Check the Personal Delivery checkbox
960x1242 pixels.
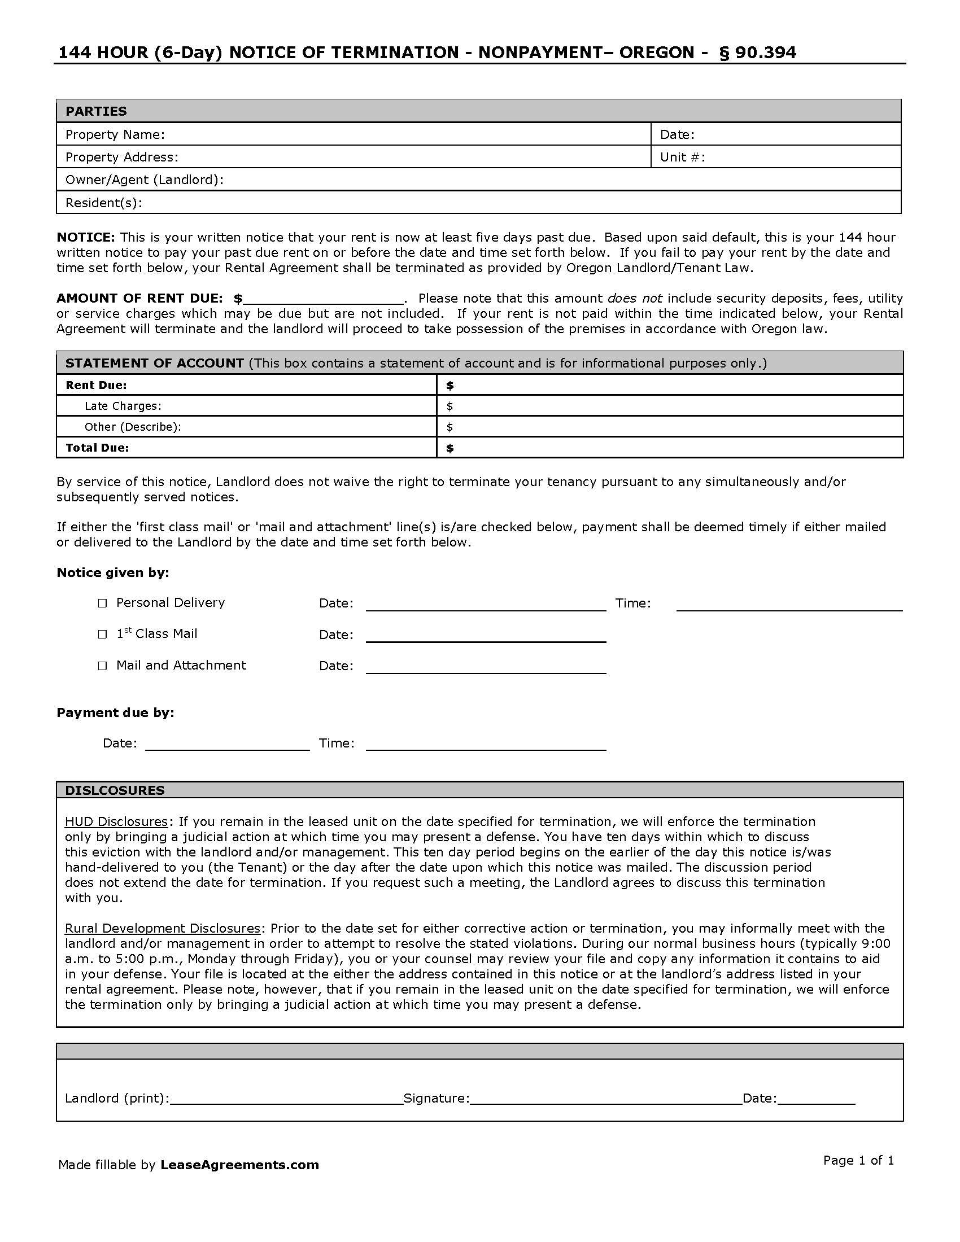[x=102, y=603]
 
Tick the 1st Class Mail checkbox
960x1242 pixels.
[x=102, y=635]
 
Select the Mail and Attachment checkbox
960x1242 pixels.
[x=102, y=666]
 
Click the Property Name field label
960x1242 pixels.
[x=115, y=135]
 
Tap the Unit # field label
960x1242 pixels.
[x=683, y=158]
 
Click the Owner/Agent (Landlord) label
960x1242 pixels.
[x=145, y=180]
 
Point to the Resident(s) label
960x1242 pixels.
[x=104, y=203]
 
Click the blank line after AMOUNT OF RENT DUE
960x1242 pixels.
[x=323, y=300]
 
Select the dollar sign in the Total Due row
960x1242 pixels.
[x=450, y=448]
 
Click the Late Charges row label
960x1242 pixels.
[x=123, y=406]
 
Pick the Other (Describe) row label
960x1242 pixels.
[x=133, y=427]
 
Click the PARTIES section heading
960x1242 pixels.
[x=96, y=111]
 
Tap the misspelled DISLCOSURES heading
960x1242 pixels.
[x=115, y=790]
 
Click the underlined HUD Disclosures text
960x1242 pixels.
[x=116, y=822]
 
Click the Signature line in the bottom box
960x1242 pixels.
[x=606, y=1099]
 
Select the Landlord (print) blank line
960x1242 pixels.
[x=287, y=1099]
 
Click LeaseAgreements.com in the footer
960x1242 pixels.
[x=239, y=1165]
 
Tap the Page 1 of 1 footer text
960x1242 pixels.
[x=859, y=1161]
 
